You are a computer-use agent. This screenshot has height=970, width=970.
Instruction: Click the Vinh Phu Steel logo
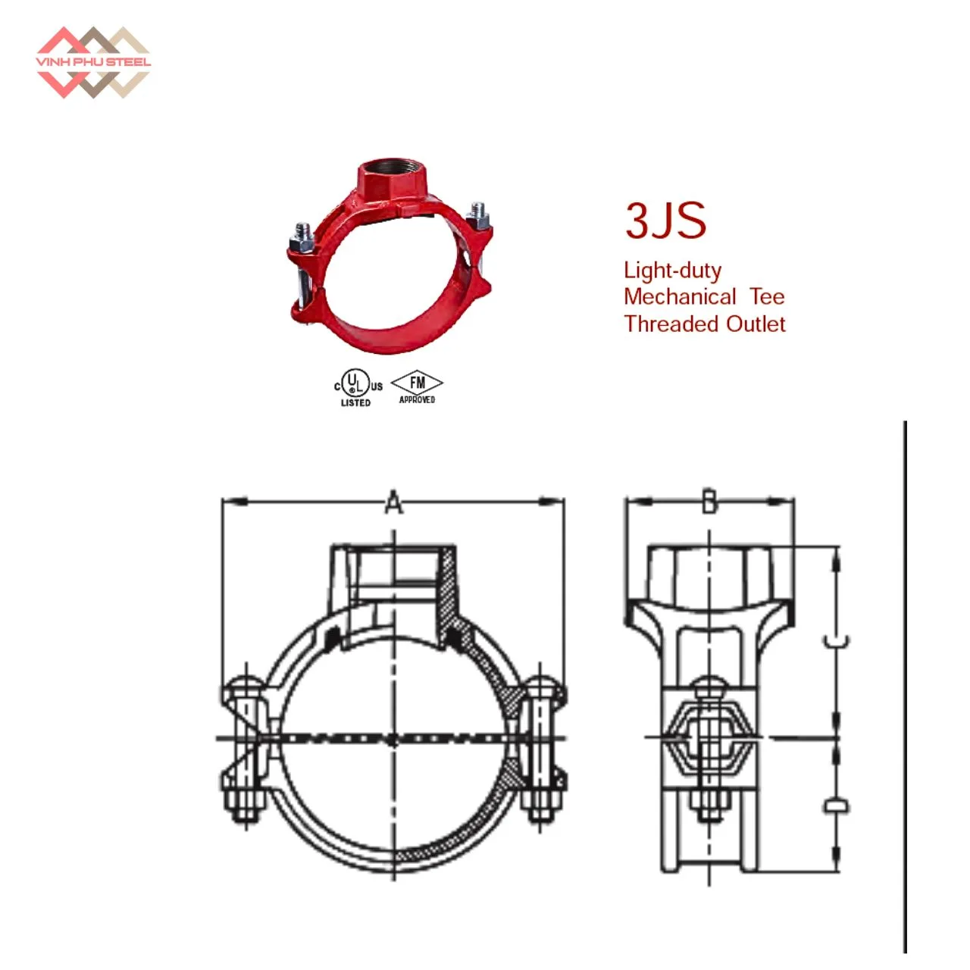(x=92, y=62)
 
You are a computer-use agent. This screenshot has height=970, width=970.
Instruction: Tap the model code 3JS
(x=665, y=221)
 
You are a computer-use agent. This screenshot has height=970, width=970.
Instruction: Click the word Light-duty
(x=672, y=271)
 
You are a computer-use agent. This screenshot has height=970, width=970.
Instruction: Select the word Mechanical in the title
(x=680, y=297)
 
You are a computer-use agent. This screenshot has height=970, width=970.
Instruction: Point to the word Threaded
(x=671, y=324)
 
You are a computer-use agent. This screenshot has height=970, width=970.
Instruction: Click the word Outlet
(x=756, y=324)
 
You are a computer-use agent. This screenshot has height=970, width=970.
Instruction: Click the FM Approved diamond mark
(x=417, y=387)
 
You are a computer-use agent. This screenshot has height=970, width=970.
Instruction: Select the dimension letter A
(x=393, y=501)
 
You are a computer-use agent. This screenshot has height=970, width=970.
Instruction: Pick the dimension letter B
(x=709, y=501)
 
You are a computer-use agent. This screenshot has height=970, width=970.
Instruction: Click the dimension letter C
(x=836, y=642)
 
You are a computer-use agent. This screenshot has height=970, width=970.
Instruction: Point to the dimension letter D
(x=836, y=806)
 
